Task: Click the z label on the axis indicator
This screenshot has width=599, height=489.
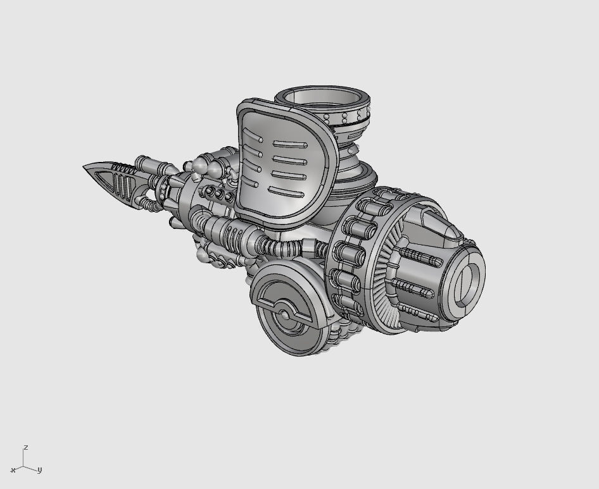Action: tap(25, 447)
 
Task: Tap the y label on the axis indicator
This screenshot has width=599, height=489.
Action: tap(39, 470)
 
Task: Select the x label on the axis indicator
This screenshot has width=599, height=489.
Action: tap(13, 470)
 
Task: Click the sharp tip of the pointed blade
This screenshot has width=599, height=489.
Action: tap(85, 167)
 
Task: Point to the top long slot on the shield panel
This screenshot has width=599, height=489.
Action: tap(289, 144)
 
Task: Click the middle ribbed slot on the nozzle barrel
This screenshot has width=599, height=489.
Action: tap(415, 288)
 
